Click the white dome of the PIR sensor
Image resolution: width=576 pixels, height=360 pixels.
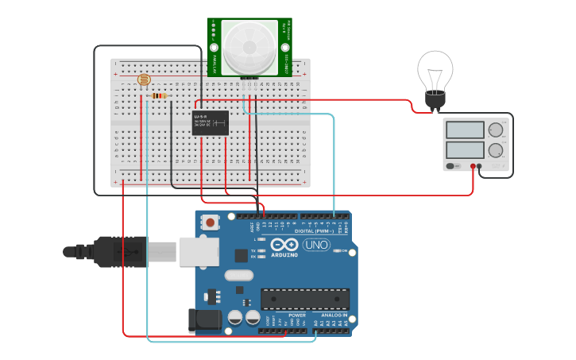[x=249, y=47]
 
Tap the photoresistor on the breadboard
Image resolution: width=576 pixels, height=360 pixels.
[x=144, y=79]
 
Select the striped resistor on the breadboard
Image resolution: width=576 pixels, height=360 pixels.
[x=159, y=96]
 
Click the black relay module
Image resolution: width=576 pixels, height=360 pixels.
[x=211, y=122]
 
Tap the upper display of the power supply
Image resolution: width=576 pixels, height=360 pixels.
[x=465, y=130]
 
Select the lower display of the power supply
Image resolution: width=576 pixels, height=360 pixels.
[x=465, y=149]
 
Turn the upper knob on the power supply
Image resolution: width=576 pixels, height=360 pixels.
[x=496, y=130]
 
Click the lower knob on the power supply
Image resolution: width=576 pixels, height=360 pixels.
[x=496, y=149]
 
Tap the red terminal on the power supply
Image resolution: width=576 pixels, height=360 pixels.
[x=473, y=166]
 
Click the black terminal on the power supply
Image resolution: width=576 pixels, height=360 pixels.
[x=479, y=166]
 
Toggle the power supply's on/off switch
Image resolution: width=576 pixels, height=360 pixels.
[x=451, y=166]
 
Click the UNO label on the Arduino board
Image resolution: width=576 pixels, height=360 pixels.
[x=316, y=245]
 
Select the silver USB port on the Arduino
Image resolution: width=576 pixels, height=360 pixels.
[x=199, y=251]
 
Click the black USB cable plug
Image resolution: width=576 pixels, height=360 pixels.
[x=119, y=251]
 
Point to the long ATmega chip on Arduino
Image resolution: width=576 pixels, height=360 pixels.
[x=305, y=299]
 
